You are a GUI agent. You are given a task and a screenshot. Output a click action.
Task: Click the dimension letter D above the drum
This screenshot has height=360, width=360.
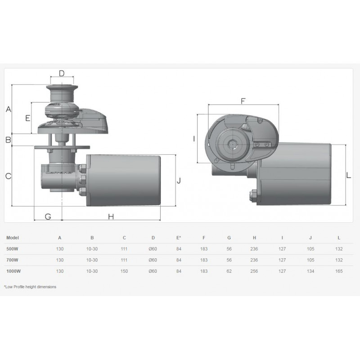(x=62, y=73)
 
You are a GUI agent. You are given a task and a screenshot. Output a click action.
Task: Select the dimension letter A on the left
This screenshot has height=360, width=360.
(x=9, y=109)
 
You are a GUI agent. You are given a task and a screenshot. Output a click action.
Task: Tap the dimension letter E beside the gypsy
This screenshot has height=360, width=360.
(x=28, y=118)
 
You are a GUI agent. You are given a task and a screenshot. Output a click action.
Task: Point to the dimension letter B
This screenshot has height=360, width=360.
(x=8, y=139)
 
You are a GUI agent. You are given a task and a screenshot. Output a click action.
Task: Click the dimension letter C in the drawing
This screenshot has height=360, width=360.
(x=8, y=176)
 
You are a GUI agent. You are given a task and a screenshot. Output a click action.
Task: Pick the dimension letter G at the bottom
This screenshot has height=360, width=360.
(x=48, y=216)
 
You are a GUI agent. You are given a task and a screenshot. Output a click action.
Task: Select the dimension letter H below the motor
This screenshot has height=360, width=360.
(x=111, y=216)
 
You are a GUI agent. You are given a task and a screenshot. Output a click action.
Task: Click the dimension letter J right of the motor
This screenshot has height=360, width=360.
(x=179, y=181)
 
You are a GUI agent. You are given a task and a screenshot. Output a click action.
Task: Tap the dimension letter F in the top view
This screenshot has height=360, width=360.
(x=243, y=101)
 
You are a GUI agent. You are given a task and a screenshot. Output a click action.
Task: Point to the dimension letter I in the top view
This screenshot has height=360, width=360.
(x=194, y=139)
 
